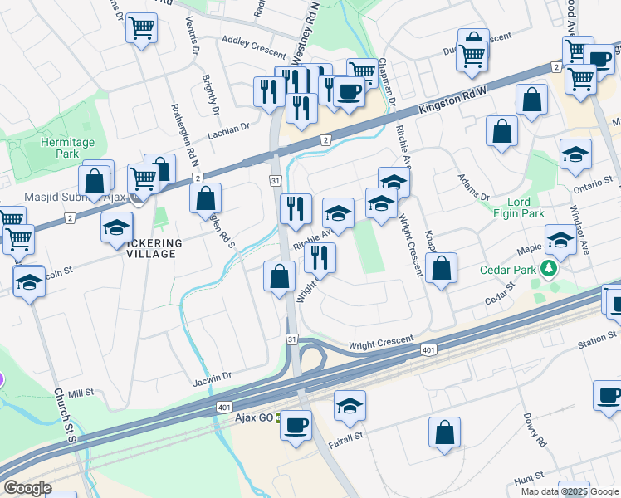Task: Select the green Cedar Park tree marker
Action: (547, 269)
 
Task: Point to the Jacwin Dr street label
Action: (213, 378)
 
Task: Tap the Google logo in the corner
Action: (27, 487)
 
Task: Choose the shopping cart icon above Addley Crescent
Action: (142, 29)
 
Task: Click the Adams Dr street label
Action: (474, 187)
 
